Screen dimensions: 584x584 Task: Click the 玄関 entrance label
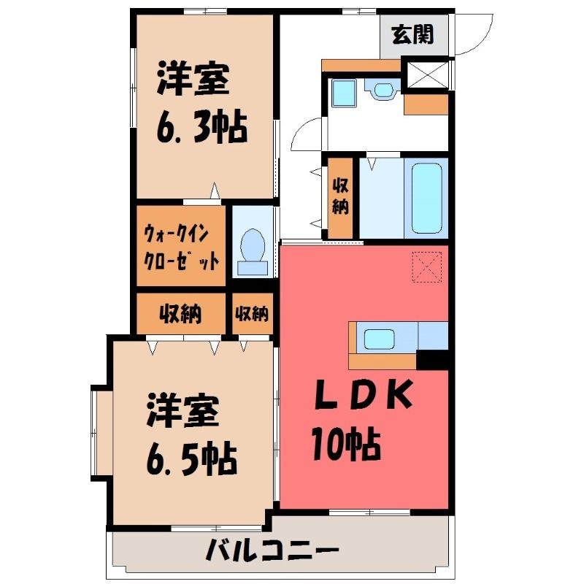click(x=412, y=34)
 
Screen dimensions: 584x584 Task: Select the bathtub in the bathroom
click(x=427, y=198)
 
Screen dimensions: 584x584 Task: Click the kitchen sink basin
click(x=379, y=339)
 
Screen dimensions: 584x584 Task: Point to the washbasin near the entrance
click(x=383, y=89)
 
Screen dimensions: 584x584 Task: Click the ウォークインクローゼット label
click(x=181, y=247)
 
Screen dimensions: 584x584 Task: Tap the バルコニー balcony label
click(x=272, y=550)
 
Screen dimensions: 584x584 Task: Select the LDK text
click(x=364, y=394)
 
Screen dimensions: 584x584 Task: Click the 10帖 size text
click(x=346, y=443)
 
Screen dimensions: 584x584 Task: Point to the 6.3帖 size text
click(x=202, y=126)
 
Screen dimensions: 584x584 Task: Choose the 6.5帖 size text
click(x=191, y=458)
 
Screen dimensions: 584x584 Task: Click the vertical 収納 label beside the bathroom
click(x=340, y=196)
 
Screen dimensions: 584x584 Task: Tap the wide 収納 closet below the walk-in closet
click(x=181, y=314)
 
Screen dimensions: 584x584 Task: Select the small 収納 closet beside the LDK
click(x=253, y=314)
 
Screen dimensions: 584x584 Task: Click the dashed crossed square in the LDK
click(x=427, y=266)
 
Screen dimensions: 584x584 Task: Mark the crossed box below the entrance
click(x=428, y=75)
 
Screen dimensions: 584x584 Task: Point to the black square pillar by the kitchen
click(x=432, y=359)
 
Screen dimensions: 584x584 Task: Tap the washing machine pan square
click(x=344, y=93)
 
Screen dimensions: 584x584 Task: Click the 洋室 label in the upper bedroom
click(x=193, y=80)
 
